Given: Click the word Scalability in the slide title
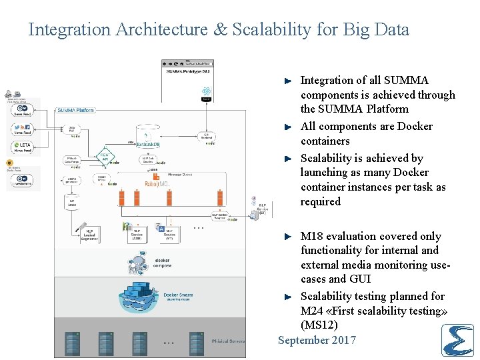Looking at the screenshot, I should (x=257, y=30).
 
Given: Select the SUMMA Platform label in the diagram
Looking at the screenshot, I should (x=75, y=110).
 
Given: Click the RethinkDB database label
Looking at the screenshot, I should (x=147, y=144).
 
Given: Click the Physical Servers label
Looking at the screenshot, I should (x=228, y=341).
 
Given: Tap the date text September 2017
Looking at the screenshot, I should (x=317, y=341).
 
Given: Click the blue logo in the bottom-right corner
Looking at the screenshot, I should (x=457, y=340).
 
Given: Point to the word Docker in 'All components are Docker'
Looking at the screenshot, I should (x=415, y=127).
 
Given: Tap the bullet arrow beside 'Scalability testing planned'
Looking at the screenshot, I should (x=287, y=297).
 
